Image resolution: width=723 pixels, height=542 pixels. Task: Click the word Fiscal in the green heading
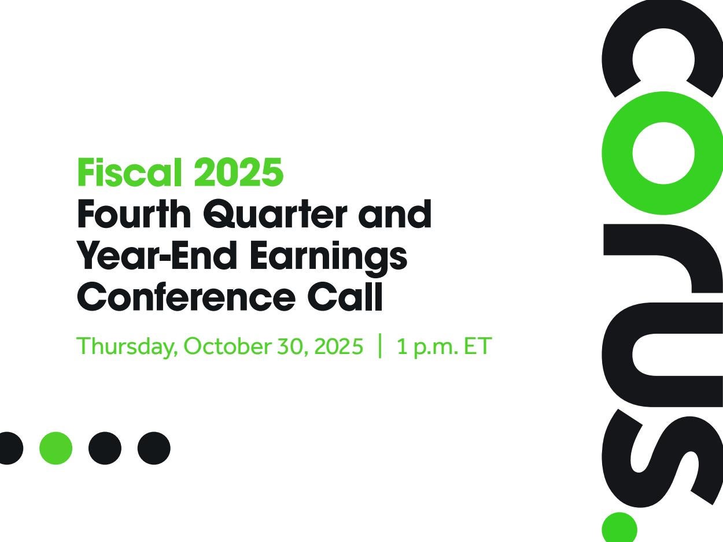(130, 172)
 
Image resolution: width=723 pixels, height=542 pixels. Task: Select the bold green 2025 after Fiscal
(238, 172)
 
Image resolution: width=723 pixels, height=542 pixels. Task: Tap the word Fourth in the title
(134, 214)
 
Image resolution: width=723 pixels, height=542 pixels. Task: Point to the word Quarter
(275, 214)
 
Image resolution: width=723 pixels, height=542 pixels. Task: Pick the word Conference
(186, 296)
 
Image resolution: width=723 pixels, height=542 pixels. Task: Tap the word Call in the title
(345, 296)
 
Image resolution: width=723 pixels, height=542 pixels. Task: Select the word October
(227, 346)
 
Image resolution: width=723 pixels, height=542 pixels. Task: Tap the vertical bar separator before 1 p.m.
(380, 346)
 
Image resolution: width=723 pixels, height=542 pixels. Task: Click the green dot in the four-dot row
(56, 448)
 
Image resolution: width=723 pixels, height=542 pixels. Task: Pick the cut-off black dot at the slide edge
(10, 448)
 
